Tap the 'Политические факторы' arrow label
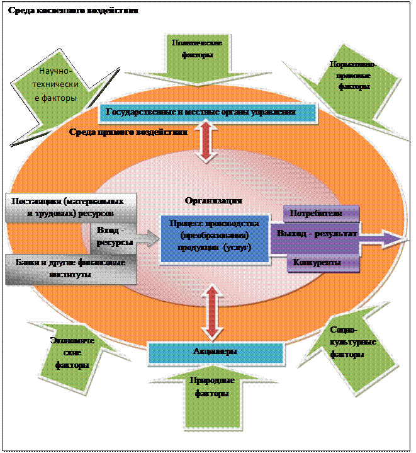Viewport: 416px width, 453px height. coord(196,49)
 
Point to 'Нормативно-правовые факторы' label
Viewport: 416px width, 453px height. coord(353,75)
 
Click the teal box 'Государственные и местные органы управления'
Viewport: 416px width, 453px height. coord(208,112)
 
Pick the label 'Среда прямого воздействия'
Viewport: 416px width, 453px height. coord(128,132)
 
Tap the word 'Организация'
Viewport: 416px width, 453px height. coord(213,200)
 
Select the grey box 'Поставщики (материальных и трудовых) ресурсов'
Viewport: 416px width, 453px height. coord(70,207)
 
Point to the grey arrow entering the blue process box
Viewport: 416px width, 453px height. coord(147,238)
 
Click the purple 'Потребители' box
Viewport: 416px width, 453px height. coord(321,214)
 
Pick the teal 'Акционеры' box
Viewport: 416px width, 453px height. coord(215,352)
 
